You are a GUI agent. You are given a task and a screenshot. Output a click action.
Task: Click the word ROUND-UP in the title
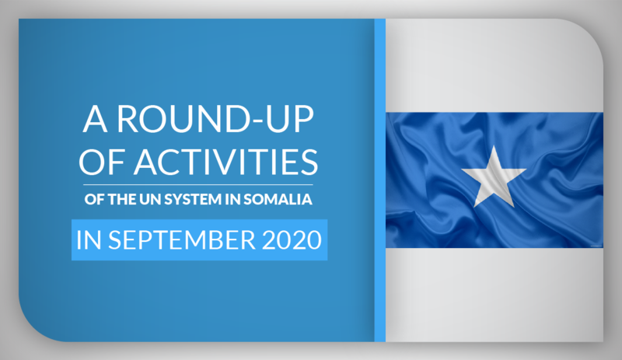pos(215,119)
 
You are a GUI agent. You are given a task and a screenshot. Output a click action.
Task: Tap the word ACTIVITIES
pos(226,162)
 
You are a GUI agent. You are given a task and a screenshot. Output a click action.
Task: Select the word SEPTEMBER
pos(182,239)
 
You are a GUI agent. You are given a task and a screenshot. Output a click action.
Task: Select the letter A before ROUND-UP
pos(95,119)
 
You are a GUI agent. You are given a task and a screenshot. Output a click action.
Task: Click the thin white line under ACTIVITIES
pos(198,184)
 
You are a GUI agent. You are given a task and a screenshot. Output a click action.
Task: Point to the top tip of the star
pos(494,145)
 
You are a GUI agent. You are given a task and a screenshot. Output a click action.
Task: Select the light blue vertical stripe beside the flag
pos(379,180)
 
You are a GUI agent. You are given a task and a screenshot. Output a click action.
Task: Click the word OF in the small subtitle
pos(94,199)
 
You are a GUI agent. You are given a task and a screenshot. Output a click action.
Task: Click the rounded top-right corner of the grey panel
pos(591,31)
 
